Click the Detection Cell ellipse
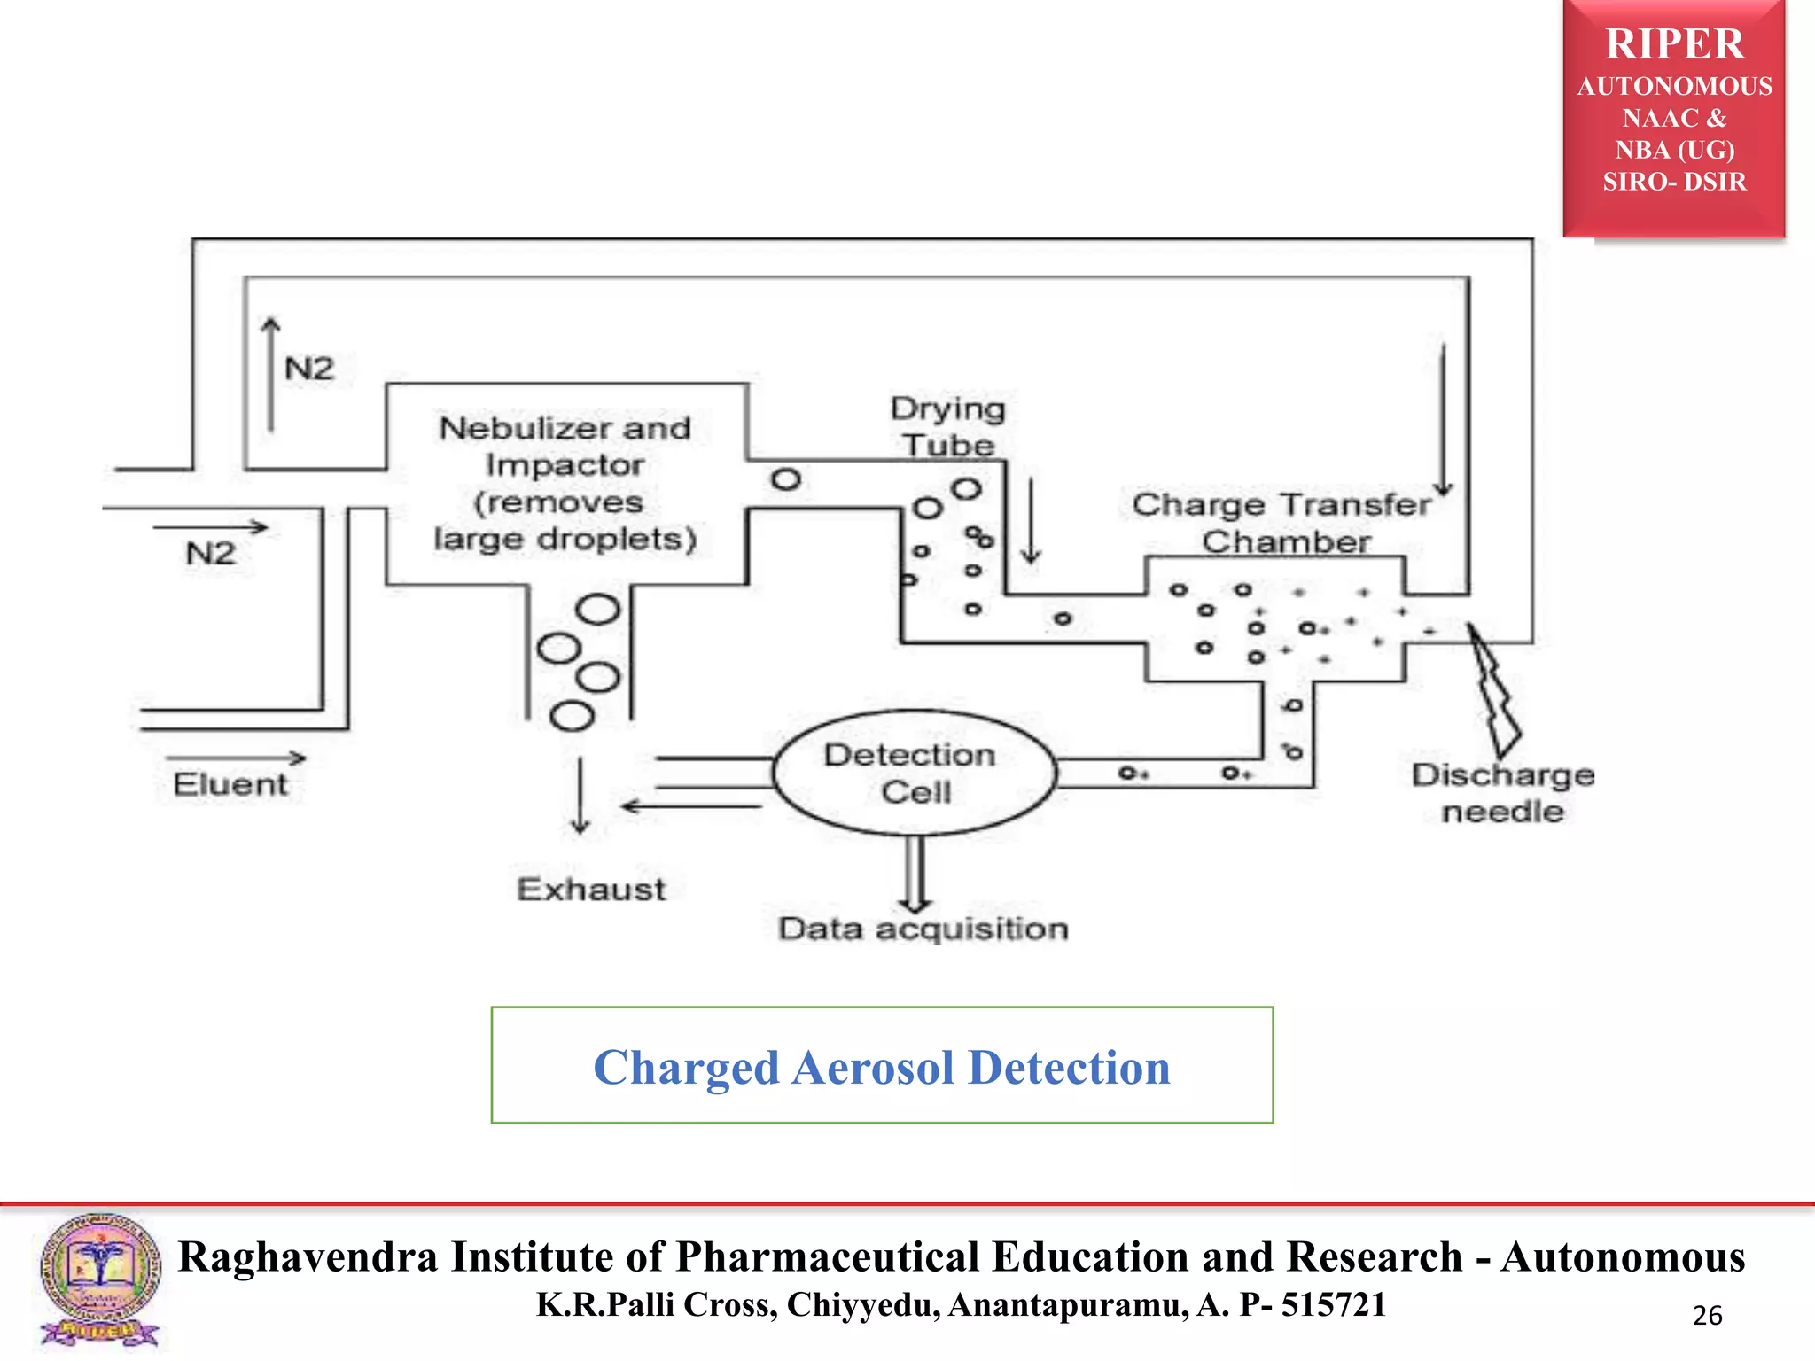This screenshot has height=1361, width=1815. (x=914, y=773)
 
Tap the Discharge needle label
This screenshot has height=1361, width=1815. (x=1502, y=792)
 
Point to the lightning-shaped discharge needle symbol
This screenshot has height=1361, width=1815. (x=1496, y=691)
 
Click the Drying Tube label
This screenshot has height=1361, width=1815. (x=947, y=426)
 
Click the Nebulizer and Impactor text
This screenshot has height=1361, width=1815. (x=565, y=483)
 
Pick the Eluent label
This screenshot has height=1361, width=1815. (x=230, y=784)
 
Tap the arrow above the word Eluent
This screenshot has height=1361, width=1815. (x=236, y=758)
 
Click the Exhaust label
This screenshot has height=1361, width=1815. (x=591, y=889)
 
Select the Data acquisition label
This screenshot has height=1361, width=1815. (x=923, y=929)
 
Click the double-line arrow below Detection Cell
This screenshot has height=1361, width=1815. (x=915, y=874)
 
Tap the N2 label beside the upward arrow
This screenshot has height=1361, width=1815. (x=309, y=369)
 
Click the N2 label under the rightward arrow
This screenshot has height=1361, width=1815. (x=211, y=554)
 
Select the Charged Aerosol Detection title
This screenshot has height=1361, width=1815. (x=882, y=1067)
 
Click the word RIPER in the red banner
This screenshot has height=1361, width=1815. (x=1674, y=44)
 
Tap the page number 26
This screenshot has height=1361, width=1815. (x=1707, y=1315)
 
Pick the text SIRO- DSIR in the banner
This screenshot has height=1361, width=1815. (x=1674, y=182)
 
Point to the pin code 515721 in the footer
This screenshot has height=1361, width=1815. (x=1333, y=1304)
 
